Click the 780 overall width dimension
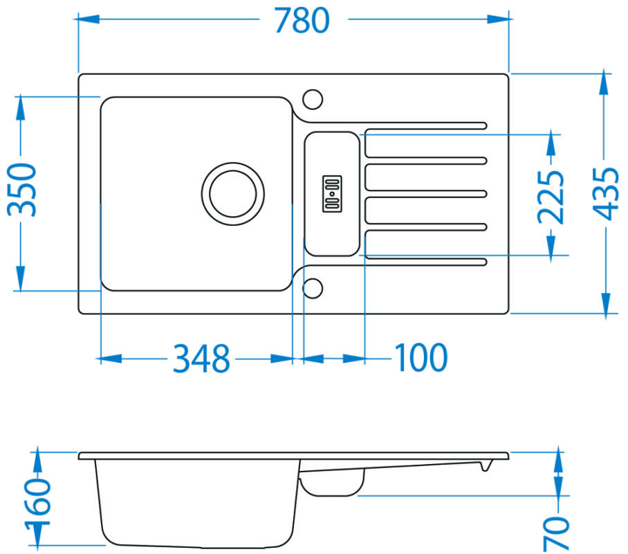point(302,21)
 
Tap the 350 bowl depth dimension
point(22,189)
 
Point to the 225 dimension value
point(551,197)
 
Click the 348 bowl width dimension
point(201,358)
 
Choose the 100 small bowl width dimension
point(421,357)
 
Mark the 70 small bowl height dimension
point(556,533)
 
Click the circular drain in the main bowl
point(232,194)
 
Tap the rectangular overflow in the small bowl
point(332,194)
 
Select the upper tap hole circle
point(313,99)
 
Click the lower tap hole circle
point(313,288)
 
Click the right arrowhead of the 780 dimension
point(498,19)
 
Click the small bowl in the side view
point(332,482)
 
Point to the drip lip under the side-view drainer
point(486,466)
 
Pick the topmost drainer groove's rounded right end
point(483,126)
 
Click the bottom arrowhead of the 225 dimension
point(551,244)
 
